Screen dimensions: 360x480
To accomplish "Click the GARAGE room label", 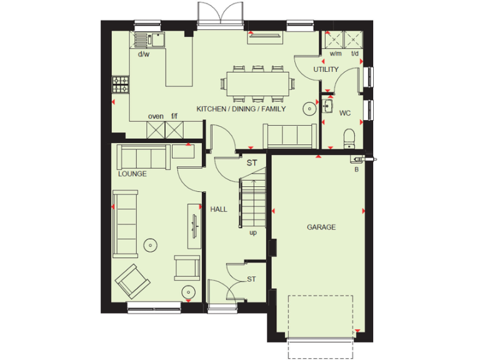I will click(321, 227).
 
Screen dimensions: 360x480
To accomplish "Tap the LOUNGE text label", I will click(132, 174).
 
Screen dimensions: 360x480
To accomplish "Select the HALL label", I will click(219, 209).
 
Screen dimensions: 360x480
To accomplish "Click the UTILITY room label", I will click(326, 69).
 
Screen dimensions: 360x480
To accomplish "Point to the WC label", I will click(345, 114).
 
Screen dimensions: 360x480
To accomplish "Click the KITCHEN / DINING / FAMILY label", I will click(241, 109).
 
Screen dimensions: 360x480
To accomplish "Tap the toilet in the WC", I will click(349, 136).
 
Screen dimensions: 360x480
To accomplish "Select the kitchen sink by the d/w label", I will click(149, 39).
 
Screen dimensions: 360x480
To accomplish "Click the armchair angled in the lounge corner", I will click(132, 281).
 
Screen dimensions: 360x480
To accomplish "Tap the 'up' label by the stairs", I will click(253, 233).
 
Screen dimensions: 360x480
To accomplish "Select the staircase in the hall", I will click(253, 200).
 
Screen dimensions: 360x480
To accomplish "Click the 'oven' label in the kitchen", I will click(156, 116).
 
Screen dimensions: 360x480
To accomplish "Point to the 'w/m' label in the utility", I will click(336, 53).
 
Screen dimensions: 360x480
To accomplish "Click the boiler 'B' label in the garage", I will click(357, 169).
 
